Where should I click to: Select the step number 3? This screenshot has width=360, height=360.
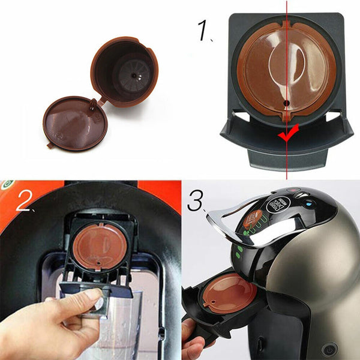point(196,202)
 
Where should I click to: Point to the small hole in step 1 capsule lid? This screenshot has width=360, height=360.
point(287,103)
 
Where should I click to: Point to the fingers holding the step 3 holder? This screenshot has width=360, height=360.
point(191,336)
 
